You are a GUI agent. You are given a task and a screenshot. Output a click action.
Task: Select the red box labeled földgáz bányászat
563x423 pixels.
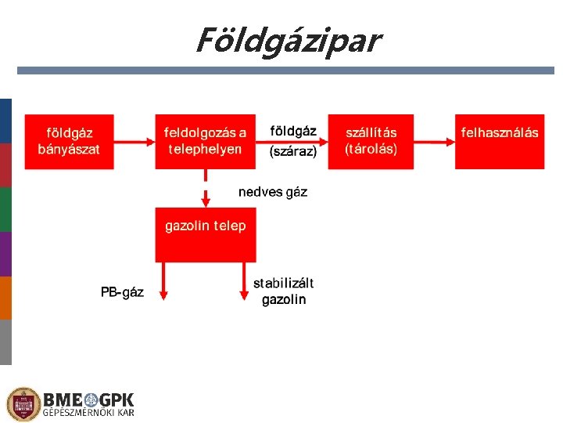click(x=69, y=142)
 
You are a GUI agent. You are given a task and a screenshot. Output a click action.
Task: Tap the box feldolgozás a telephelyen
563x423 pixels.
click(x=205, y=142)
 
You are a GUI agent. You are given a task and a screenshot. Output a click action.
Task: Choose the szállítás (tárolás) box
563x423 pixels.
click(x=371, y=142)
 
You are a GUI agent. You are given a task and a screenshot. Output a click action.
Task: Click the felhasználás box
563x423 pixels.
click(x=500, y=142)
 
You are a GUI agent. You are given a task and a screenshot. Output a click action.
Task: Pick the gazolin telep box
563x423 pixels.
click(x=205, y=234)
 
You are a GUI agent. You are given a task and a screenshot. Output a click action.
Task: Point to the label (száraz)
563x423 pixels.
click(x=292, y=153)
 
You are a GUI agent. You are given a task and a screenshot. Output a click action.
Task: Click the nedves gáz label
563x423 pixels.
click(x=273, y=192)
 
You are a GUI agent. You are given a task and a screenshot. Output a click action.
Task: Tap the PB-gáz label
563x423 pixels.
click(x=122, y=292)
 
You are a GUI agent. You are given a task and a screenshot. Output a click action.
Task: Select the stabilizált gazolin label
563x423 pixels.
click(x=284, y=291)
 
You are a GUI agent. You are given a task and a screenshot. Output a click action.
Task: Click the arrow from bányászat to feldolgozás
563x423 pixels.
click(x=134, y=142)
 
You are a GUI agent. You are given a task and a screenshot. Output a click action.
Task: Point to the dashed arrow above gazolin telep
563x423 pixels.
click(x=205, y=188)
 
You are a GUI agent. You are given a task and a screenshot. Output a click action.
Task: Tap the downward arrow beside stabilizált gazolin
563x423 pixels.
click(x=242, y=282)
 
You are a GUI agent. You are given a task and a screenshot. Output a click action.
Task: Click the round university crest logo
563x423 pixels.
click(x=23, y=404)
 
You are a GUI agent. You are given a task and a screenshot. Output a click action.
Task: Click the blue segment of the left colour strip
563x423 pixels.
click(x=5, y=121)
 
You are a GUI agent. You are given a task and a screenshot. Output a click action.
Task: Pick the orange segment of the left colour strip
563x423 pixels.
click(x=5, y=298)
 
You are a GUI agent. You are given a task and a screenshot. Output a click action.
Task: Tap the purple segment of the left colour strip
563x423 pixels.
click(x=5, y=254)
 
